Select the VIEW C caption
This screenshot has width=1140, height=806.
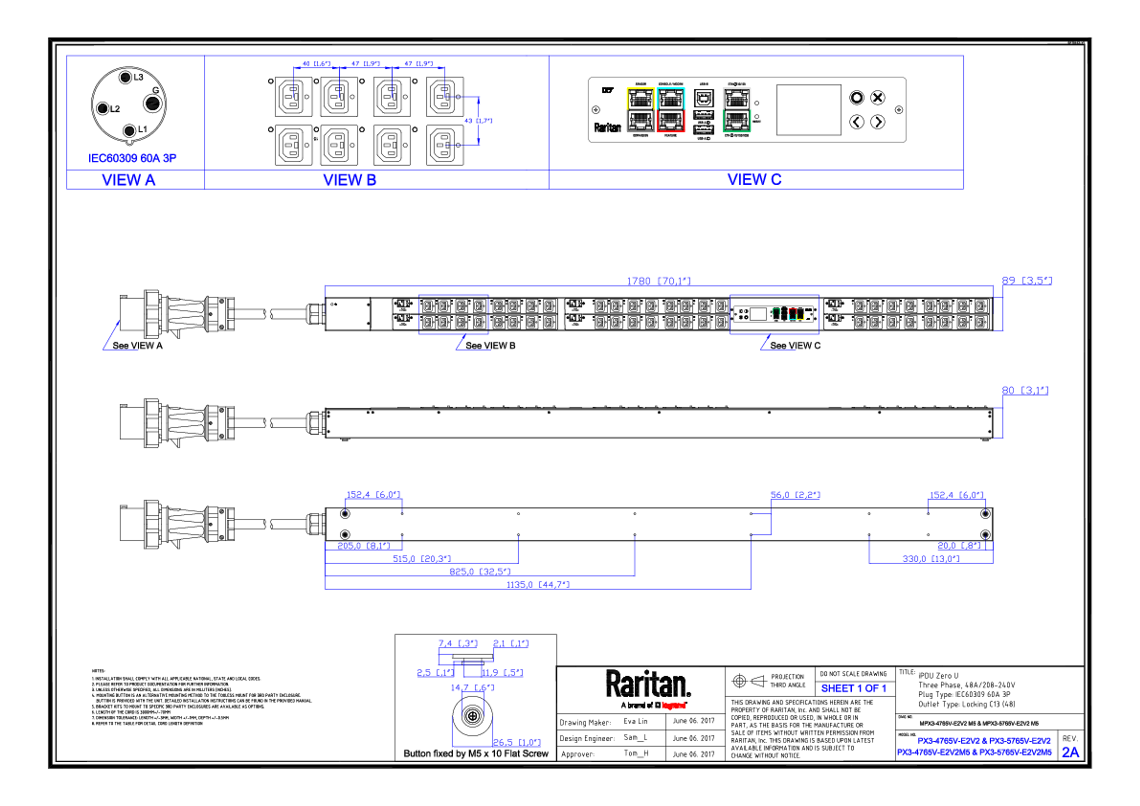[755, 179]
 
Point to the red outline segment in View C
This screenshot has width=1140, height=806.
[671, 131]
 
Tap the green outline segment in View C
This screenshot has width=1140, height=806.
[737, 131]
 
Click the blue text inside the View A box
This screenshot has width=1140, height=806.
[133, 158]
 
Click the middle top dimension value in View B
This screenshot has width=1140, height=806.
[366, 64]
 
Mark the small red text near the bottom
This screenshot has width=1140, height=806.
[674, 705]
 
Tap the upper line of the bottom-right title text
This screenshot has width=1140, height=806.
[984, 740]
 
